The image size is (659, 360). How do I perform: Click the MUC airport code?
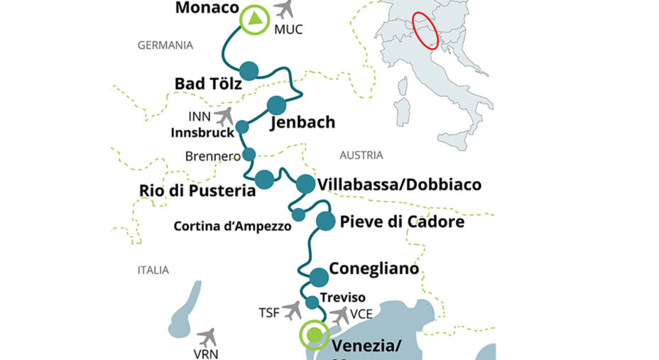[x=288, y=31]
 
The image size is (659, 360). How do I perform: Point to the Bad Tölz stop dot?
[x=249, y=70]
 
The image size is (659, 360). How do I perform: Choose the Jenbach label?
[x=303, y=123]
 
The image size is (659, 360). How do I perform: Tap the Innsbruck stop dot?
[x=242, y=127]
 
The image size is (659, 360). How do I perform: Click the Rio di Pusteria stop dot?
[x=264, y=178]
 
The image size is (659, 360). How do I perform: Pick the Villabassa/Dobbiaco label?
[x=399, y=185]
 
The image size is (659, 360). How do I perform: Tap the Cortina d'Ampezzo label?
[x=232, y=227]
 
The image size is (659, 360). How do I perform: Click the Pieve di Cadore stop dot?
[x=325, y=221]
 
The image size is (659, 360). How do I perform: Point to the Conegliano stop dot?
[x=319, y=276]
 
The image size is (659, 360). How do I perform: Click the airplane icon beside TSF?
[x=291, y=310]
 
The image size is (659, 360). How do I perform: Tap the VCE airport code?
[x=361, y=310]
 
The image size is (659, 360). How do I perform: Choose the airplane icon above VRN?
[x=207, y=337]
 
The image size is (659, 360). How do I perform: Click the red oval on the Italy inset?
[x=425, y=36]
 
